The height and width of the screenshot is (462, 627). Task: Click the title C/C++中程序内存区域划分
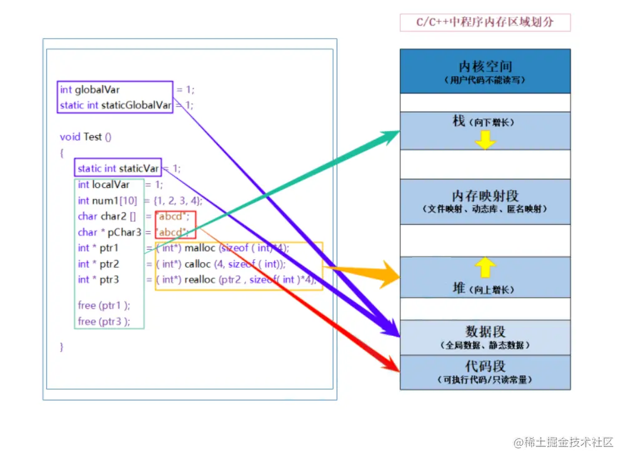(x=485, y=23)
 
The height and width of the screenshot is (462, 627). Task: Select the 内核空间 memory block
(x=485, y=71)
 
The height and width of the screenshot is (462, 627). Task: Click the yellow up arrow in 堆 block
(x=485, y=268)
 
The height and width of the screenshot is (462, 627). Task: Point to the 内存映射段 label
(x=485, y=196)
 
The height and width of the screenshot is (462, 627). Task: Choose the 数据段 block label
(x=485, y=332)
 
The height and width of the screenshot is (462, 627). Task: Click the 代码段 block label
(x=485, y=366)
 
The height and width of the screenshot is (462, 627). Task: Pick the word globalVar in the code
(x=97, y=90)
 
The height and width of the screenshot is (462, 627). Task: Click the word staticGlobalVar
(x=136, y=106)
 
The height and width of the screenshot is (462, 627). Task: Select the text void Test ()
(x=86, y=137)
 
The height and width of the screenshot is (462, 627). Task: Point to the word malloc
(x=200, y=248)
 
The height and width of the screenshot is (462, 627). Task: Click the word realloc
(x=199, y=280)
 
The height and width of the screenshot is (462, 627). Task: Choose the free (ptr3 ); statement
(x=104, y=322)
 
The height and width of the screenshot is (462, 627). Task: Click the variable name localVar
(x=111, y=185)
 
